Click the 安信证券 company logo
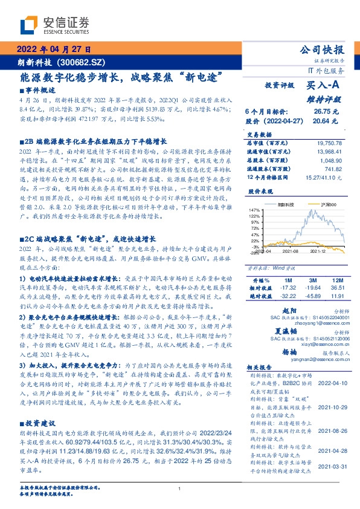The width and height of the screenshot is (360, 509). tap(54, 25)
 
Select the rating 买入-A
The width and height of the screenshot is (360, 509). tap(325, 87)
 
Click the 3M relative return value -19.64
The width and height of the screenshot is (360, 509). tap(313, 288)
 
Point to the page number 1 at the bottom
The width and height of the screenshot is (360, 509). tap(180, 489)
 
